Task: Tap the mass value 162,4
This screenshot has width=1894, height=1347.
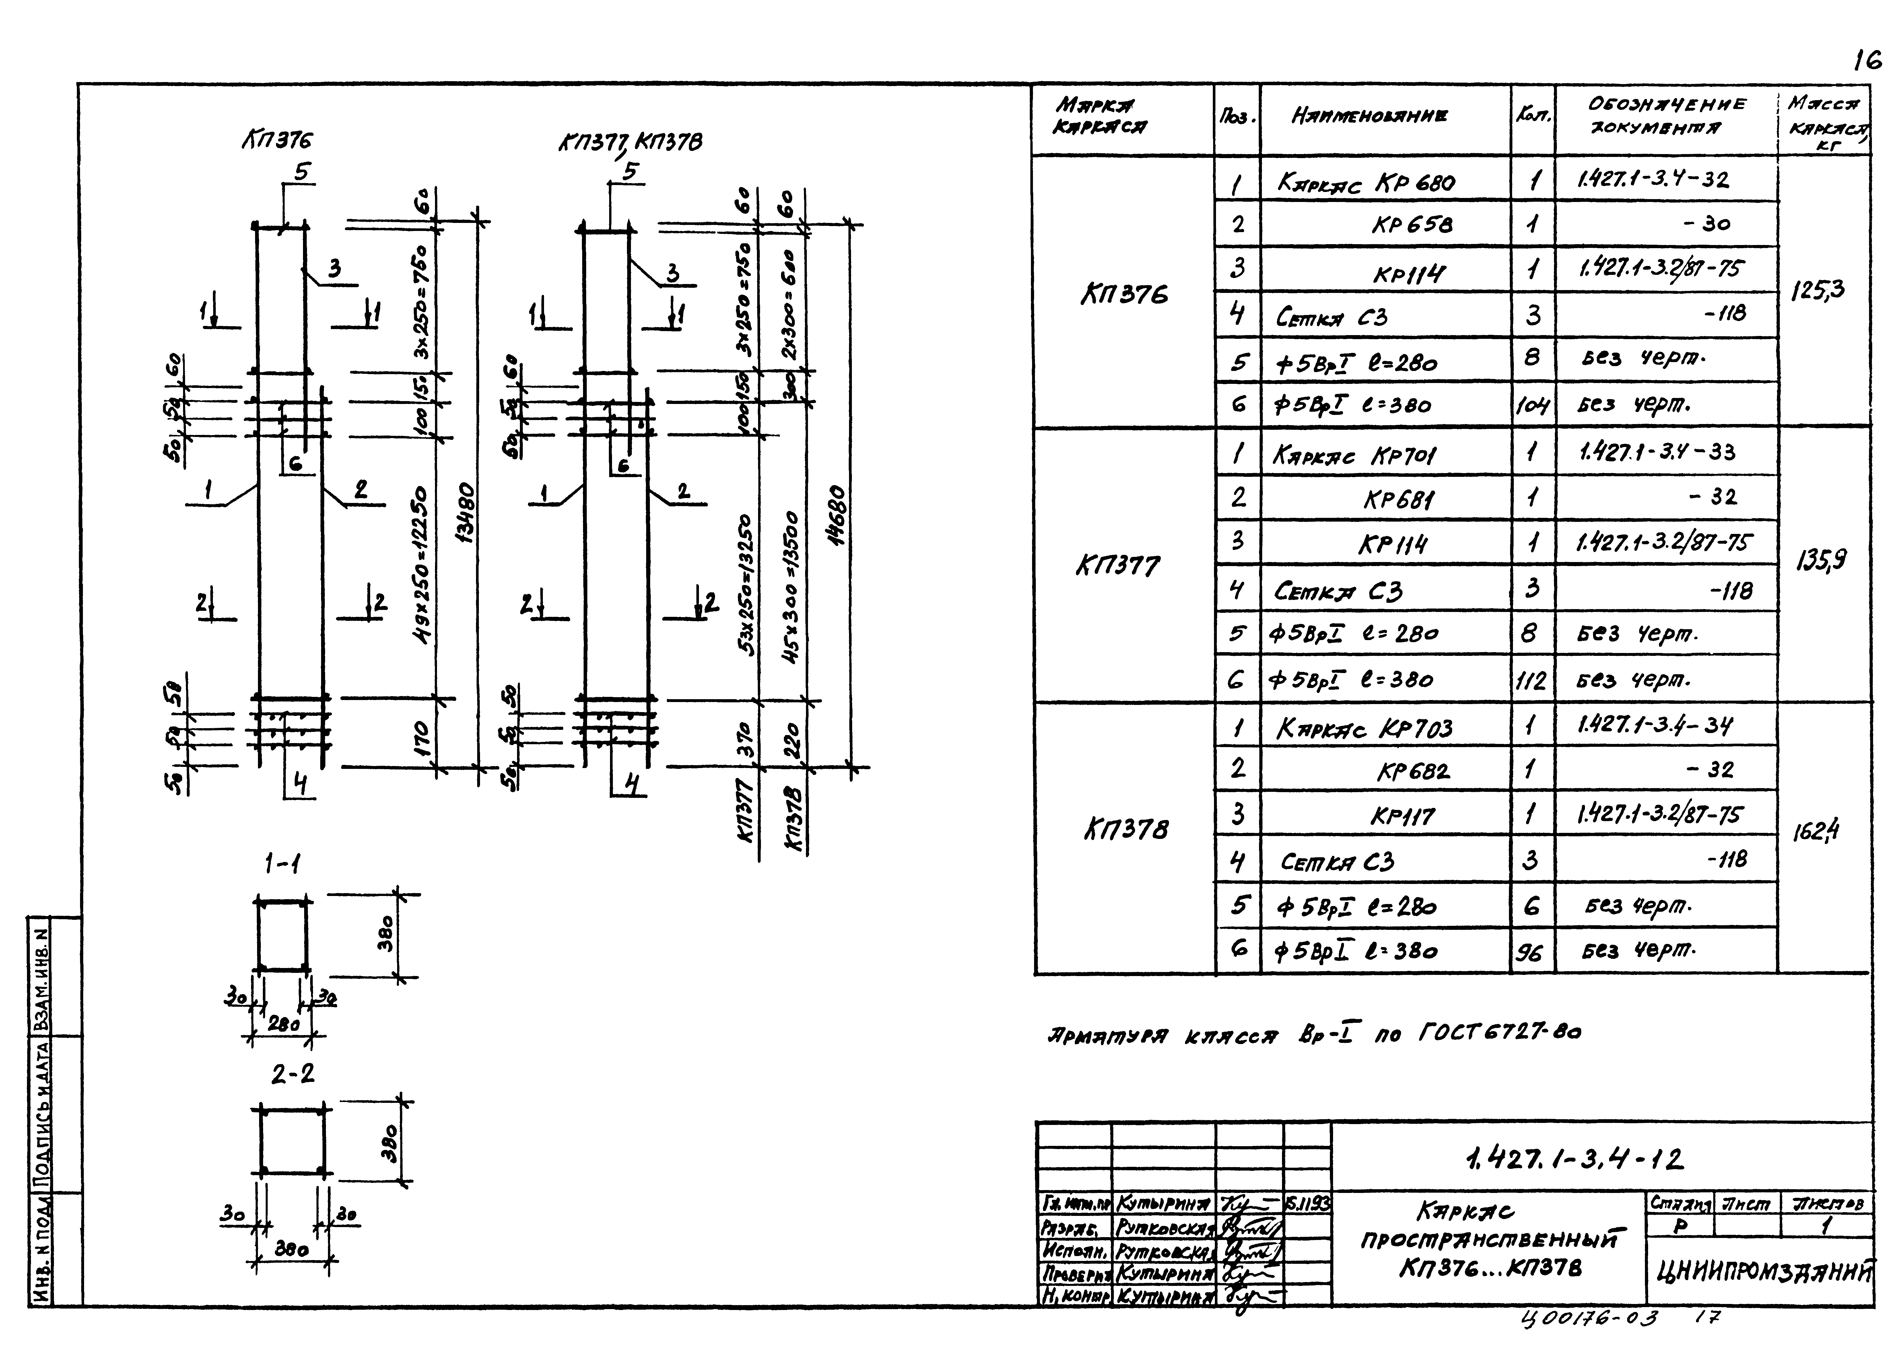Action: [1815, 830]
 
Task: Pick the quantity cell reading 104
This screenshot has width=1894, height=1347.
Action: [1531, 406]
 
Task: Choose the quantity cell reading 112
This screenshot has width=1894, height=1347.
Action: [1531, 681]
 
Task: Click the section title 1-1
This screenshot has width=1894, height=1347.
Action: [282, 865]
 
